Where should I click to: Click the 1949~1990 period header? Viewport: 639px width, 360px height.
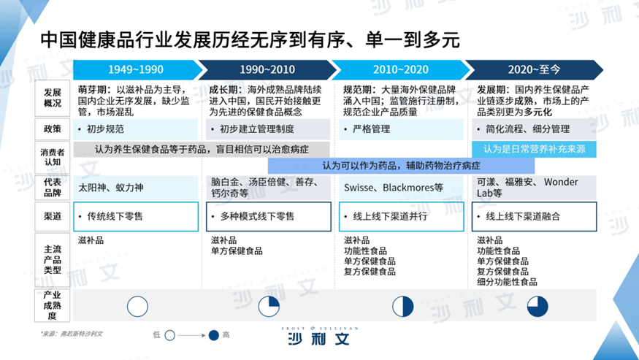pos(136,69)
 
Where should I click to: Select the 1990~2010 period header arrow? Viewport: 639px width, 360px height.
pos(267,69)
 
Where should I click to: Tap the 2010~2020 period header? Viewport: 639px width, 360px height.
pos(401,69)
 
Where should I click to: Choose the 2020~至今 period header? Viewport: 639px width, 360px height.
pos(534,69)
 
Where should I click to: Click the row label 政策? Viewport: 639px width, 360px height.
pos(52,129)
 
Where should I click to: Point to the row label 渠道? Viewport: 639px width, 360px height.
pos(52,216)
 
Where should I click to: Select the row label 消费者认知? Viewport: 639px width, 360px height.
pos(52,158)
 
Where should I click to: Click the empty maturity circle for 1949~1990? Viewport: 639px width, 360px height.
pos(137,307)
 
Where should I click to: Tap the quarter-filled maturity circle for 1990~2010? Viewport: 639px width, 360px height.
pos(269,307)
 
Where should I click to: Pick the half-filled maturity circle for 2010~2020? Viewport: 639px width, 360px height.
pos(402,307)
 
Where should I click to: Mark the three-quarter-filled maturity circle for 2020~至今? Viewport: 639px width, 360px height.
pos(537,307)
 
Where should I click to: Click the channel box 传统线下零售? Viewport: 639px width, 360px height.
pos(136,216)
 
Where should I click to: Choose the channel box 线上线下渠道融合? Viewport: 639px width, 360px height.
pos(534,216)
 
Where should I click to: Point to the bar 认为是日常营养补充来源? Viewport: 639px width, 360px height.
pos(534,149)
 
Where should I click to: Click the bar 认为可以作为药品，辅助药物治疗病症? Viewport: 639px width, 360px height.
pos(401,166)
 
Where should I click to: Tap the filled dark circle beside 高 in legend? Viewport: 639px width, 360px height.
pos(213,335)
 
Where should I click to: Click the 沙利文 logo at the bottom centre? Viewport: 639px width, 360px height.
pos(320,336)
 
